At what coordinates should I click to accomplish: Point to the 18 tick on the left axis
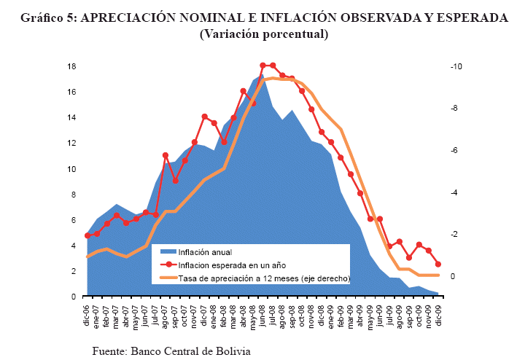[71, 66]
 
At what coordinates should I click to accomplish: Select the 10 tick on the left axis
[71, 169]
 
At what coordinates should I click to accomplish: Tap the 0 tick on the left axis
[74, 297]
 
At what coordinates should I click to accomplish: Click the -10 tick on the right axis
[456, 66]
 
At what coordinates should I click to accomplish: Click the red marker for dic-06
[88, 235]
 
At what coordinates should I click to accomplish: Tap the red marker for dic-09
[438, 265]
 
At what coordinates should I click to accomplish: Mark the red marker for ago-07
[166, 155]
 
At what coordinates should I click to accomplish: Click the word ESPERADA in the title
[469, 18]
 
